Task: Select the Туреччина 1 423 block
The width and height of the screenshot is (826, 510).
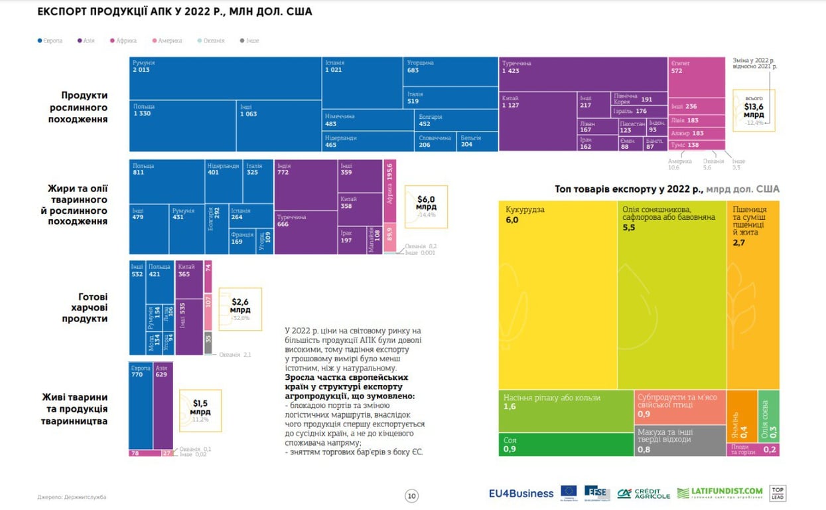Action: (583, 74)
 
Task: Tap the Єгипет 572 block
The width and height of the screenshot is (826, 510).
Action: (696, 76)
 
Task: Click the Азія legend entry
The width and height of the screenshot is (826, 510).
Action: (86, 41)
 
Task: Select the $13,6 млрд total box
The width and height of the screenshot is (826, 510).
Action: (754, 110)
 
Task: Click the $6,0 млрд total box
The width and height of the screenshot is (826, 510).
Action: (426, 207)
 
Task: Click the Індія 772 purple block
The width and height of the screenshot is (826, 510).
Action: (305, 185)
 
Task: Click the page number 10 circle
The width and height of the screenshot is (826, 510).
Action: (411, 495)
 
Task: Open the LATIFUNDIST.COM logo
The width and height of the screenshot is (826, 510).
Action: (719, 493)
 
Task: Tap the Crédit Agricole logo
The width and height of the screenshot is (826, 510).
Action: (644, 493)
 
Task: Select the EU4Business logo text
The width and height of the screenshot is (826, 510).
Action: (521, 493)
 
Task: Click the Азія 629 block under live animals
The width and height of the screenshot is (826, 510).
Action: (163, 405)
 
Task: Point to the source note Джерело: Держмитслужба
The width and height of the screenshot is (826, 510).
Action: (72, 497)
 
